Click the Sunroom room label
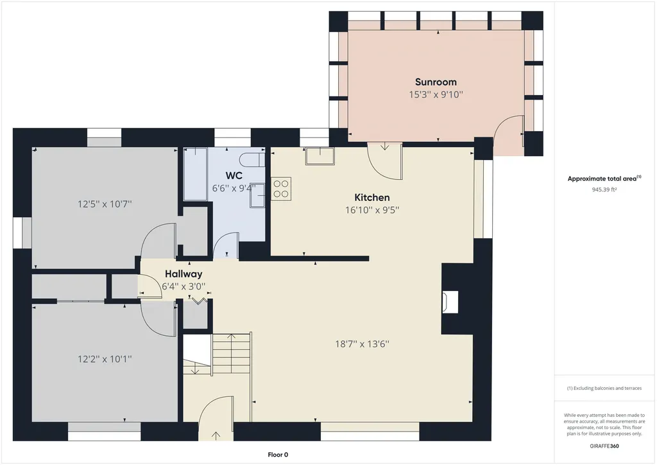coord(436,82)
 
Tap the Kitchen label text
coord(372,197)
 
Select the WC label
coord(234,175)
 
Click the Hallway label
coord(183,274)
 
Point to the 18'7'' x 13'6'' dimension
coord(362,344)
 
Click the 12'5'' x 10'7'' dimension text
coord(105,204)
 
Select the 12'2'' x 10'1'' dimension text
coord(105,359)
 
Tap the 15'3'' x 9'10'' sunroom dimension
coord(436,95)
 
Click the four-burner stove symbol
coord(281,189)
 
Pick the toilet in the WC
coord(253,160)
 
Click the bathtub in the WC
coord(196,174)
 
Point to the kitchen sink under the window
coord(320,156)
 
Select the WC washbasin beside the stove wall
coord(257,195)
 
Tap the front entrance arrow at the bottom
coord(216,436)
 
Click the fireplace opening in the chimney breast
coord(450,302)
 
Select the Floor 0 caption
coord(278,455)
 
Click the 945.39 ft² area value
coord(604,189)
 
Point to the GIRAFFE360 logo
coord(604,446)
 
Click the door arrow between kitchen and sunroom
coord(385,146)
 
